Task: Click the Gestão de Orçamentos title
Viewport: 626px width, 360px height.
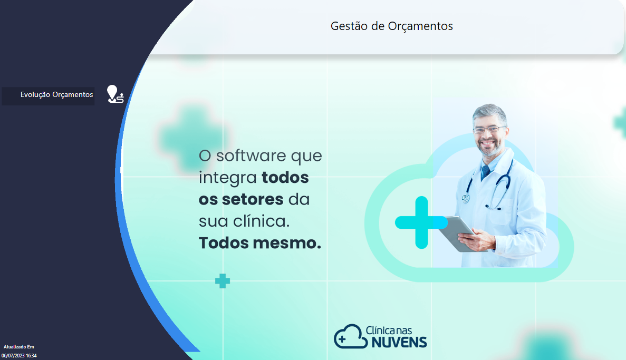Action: pyautogui.click(x=392, y=26)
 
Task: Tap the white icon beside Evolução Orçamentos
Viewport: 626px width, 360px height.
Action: pyautogui.click(x=115, y=94)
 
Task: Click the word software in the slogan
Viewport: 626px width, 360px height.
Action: pyautogui.click(x=251, y=155)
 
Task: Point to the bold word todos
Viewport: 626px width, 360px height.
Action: pyautogui.click(x=285, y=178)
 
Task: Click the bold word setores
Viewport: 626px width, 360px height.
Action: pyautogui.click(x=253, y=200)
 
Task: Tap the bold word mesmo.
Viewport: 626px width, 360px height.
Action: pyautogui.click(x=287, y=243)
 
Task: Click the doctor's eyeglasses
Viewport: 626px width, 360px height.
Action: pyautogui.click(x=489, y=129)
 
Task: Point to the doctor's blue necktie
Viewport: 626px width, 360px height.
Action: pyautogui.click(x=486, y=172)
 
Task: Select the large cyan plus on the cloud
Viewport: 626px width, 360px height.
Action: pyautogui.click(x=421, y=222)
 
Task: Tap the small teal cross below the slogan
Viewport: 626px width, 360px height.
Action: pyautogui.click(x=223, y=281)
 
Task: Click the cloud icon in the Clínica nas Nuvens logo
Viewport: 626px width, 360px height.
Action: pyautogui.click(x=350, y=336)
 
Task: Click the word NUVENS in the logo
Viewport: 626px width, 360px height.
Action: pyautogui.click(x=399, y=343)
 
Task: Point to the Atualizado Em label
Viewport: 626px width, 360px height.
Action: pyautogui.click(x=19, y=347)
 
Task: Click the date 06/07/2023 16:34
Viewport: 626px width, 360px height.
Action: pyautogui.click(x=19, y=356)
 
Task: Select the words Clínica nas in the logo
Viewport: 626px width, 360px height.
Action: pyautogui.click(x=389, y=330)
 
